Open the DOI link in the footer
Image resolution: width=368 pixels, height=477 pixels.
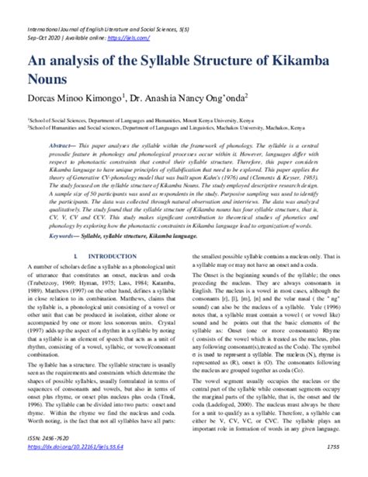[74, 469]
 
